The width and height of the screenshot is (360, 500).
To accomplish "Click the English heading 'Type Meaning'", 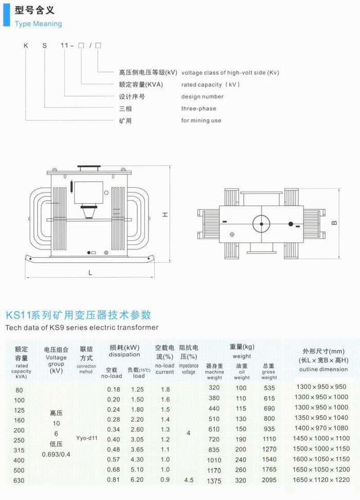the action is (x=38, y=24).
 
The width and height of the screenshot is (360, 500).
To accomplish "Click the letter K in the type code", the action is (x=26, y=46).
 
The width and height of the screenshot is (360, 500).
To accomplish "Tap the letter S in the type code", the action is (x=45, y=46).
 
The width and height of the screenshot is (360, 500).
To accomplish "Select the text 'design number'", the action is (x=202, y=97).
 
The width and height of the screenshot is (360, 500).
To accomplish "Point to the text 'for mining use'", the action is (x=201, y=120).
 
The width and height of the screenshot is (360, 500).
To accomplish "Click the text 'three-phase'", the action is (x=199, y=109).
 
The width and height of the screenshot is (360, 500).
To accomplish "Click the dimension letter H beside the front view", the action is (x=165, y=215).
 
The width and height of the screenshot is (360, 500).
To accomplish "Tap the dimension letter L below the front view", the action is (x=90, y=273).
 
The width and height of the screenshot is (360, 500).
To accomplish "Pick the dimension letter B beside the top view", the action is (x=334, y=223).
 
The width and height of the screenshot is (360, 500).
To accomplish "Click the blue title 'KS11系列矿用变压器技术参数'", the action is (x=79, y=315).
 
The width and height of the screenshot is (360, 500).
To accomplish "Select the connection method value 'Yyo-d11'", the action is (x=87, y=438).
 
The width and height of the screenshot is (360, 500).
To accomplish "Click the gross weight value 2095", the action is (x=269, y=480).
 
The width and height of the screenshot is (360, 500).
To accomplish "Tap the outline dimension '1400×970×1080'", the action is (x=320, y=428).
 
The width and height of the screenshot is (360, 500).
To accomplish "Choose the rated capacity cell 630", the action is (x=19, y=480).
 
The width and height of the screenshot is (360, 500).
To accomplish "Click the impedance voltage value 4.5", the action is (x=189, y=480).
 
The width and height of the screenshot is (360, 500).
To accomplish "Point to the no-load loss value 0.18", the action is (x=114, y=389).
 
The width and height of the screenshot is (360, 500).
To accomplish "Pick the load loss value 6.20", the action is (x=137, y=479).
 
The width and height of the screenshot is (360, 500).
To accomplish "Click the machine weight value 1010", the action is (x=214, y=460).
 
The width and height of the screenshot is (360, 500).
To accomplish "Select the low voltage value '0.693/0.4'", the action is (x=56, y=454).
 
